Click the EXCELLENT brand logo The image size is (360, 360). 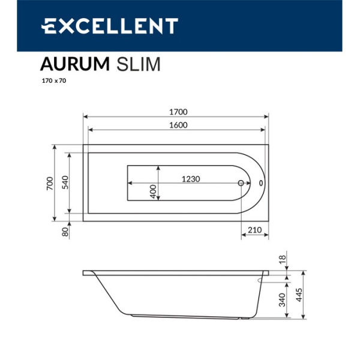(109, 26)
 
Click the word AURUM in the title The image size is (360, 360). (74, 64)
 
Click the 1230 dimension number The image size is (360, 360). (190, 179)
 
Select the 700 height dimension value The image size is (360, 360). (50, 182)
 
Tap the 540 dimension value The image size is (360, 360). (65, 182)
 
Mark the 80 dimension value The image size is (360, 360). (65, 230)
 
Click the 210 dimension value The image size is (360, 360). (254, 230)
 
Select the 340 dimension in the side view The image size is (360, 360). (282, 299)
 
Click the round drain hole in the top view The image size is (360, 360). (241, 184)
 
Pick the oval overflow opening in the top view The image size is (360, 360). (260, 183)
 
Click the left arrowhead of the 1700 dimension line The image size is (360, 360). (85, 117)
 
